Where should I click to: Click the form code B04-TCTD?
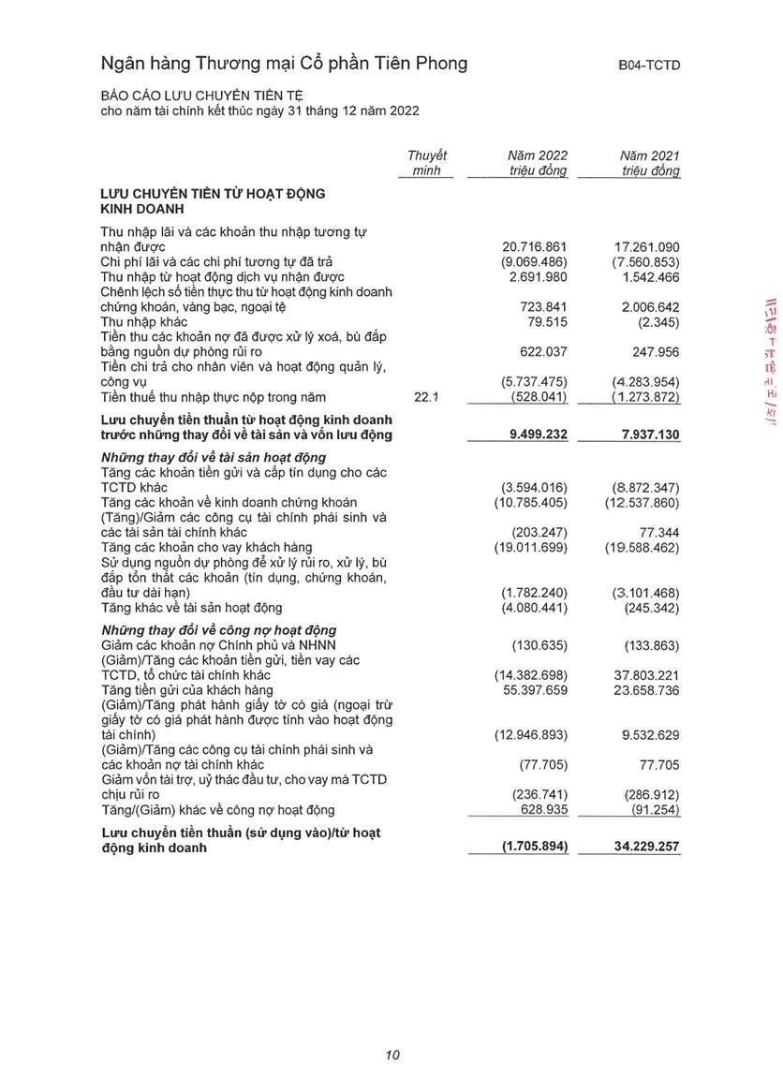pos(648,65)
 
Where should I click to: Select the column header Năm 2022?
pos(538,155)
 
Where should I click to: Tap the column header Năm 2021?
pos(650,155)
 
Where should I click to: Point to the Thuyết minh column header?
pos(427,163)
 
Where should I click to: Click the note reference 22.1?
pos(427,398)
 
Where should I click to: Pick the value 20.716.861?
pos(535,246)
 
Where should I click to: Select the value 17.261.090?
pos(647,246)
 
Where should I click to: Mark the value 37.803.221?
pos(647,674)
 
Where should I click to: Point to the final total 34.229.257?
pos(647,847)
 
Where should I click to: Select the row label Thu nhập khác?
pos(144,322)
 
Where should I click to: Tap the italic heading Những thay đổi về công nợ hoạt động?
pos(218,629)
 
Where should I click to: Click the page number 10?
pos(392,1055)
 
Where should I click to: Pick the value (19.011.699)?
pos(531,547)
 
